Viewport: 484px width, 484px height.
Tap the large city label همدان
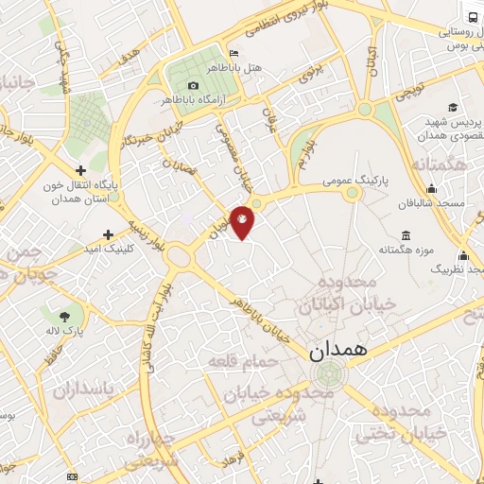341,350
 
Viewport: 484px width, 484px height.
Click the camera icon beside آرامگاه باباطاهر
193,85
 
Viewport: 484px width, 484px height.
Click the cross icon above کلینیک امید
109,233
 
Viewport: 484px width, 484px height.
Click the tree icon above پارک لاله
64,317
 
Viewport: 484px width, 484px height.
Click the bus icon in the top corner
470,16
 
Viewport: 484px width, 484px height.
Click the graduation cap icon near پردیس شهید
453,107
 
